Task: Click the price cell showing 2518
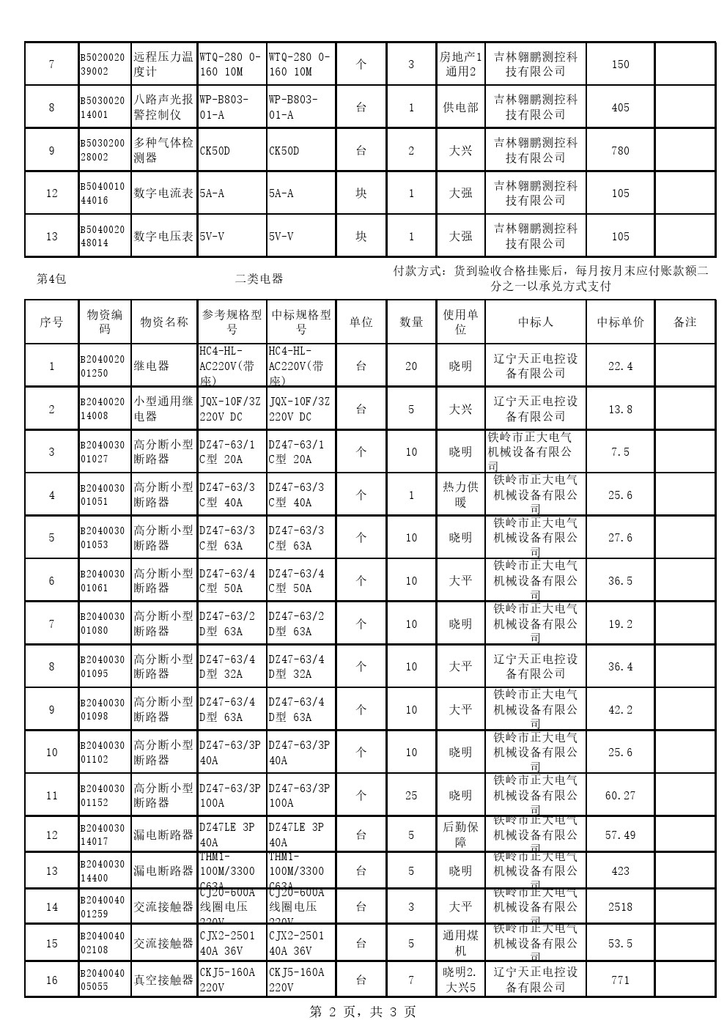(x=620, y=906)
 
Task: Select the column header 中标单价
(x=620, y=322)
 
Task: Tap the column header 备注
(x=684, y=322)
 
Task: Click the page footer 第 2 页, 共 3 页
(x=363, y=1012)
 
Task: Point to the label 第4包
(x=51, y=278)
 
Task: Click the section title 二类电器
(x=259, y=278)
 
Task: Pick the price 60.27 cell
(x=620, y=795)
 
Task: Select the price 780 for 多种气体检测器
(x=620, y=150)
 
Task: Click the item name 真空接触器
(x=163, y=980)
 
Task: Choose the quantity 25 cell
(x=411, y=795)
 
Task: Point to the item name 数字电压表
(x=163, y=236)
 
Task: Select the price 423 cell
(x=620, y=870)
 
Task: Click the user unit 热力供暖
(x=460, y=495)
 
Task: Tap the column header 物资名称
(x=163, y=322)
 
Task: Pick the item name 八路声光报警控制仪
(x=163, y=107)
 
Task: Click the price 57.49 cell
(x=620, y=835)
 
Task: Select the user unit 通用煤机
(x=460, y=943)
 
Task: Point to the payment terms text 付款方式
(x=550, y=278)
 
